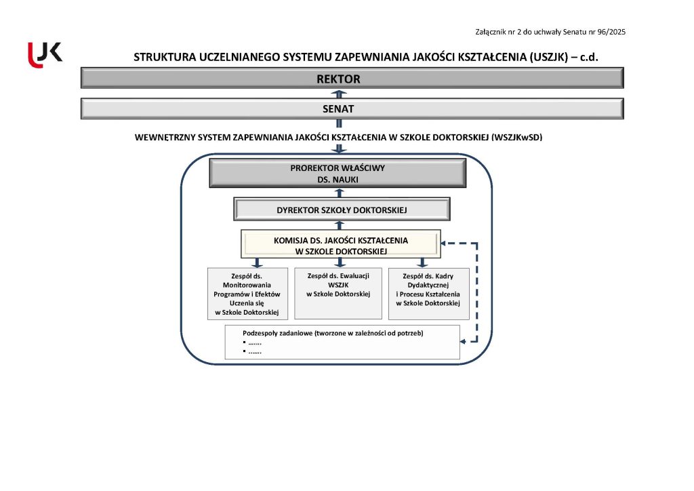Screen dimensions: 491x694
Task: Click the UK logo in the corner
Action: tap(45, 54)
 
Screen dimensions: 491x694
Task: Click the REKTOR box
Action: tap(352, 79)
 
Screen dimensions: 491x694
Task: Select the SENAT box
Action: tap(352, 109)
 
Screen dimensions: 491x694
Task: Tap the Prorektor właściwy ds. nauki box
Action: tap(338, 174)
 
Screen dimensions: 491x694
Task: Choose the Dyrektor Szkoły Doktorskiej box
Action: tap(342, 210)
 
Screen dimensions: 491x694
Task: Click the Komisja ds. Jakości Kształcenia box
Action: tap(341, 245)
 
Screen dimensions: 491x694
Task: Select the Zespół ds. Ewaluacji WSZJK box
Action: tap(338, 293)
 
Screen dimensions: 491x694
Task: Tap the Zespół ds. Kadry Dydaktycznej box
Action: tap(428, 294)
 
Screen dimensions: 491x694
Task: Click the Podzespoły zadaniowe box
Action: tap(342, 342)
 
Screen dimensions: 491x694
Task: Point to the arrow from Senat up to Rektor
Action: tap(340, 94)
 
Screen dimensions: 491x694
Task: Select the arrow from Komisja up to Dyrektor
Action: tap(340, 225)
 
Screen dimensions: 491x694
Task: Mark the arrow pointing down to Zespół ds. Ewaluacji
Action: tap(340, 262)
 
